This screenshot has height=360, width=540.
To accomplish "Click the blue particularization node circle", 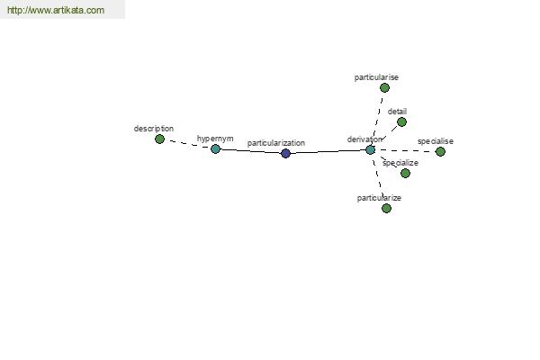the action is (x=285, y=153).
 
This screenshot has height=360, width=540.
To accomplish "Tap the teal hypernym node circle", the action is (x=215, y=148).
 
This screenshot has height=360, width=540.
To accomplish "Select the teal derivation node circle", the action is (x=370, y=150).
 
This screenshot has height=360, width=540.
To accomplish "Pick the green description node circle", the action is (x=159, y=139).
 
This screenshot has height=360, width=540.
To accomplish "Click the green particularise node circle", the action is (x=384, y=88).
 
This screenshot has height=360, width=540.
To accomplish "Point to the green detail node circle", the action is (x=401, y=122).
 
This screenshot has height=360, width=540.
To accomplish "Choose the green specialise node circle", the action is (x=440, y=151).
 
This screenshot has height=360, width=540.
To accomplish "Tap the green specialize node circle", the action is (x=405, y=173).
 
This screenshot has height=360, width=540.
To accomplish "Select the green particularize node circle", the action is (x=386, y=208).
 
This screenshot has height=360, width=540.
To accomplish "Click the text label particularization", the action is (x=276, y=143).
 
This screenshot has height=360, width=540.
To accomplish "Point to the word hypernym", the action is (x=215, y=139).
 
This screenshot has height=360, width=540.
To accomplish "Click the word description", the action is (x=154, y=129).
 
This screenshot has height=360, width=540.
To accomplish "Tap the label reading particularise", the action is (x=376, y=77).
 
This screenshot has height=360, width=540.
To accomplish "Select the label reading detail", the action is (x=397, y=112).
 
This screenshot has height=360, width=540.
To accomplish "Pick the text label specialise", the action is (x=436, y=141).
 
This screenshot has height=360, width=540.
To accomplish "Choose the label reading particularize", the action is (x=379, y=198).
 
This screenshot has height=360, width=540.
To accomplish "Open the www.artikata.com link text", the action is (x=56, y=10).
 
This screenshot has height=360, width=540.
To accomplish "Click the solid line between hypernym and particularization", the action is (x=250, y=151).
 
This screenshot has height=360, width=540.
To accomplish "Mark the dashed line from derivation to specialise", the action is (x=405, y=150).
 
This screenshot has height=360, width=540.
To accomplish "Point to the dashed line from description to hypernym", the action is (x=187, y=144).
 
